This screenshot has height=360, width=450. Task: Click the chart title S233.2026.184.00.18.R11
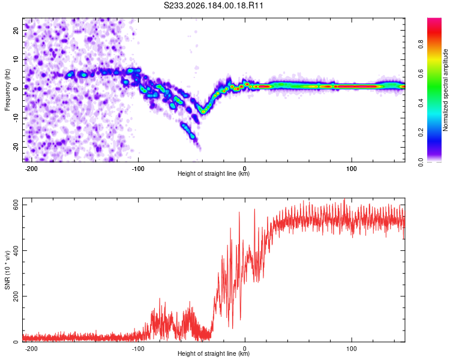click(x=213, y=5)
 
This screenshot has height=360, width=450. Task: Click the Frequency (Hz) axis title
click(x=7, y=90)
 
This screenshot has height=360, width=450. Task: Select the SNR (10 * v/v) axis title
click(x=7, y=270)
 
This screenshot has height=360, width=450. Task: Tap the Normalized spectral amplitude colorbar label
click(x=445, y=90)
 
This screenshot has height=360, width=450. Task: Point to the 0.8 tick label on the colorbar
click(x=421, y=44)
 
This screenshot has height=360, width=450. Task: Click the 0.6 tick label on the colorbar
click(x=421, y=74)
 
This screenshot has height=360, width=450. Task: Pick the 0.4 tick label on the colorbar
click(x=421, y=103)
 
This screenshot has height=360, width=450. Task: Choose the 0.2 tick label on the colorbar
click(x=421, y=133)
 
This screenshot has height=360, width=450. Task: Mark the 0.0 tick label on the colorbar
click(x=421, y=162)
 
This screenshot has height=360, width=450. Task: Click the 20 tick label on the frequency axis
click(x=16, y=30)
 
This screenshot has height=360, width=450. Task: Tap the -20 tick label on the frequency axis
click(x=16, y=147)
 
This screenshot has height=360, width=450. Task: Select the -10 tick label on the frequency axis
click(x=16, y=118)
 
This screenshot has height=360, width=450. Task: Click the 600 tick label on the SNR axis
click(x=16, y=205)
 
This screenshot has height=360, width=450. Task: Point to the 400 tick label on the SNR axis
click(x=16, y=251)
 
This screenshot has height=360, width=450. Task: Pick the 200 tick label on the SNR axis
click(x=16, y=296)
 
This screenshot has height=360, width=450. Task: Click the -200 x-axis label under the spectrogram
click(x=31, y=169)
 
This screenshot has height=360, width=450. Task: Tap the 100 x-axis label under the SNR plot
click(x=352, y=349)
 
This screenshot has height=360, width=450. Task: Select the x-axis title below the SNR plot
click(x=214, y=353)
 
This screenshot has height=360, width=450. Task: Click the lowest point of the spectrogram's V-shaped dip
click(x=203, y=112)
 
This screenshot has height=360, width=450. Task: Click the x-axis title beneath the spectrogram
click(x=214, y=173)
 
